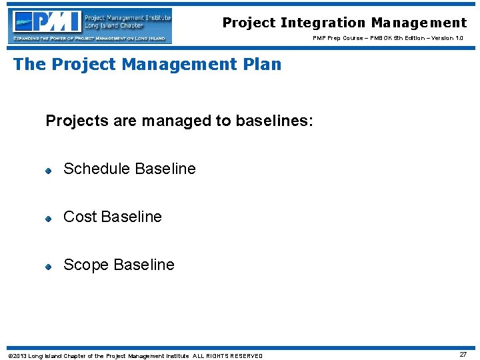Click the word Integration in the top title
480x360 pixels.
tap(321, 23)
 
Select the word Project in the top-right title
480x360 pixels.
tap(249, 23)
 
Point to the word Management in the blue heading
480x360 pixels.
tap(186, 65)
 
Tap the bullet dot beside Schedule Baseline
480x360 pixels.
tap(49, 171)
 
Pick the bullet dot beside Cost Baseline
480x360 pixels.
tap(49, 219)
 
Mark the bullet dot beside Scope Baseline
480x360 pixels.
tap(49, 267)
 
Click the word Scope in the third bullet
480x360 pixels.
tap(85, 265)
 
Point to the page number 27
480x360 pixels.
tap(463, 355)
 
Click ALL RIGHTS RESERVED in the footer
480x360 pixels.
tap(228, 356)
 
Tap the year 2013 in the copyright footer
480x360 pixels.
tap(19, 356)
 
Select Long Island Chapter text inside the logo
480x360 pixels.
tap(113, 25)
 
